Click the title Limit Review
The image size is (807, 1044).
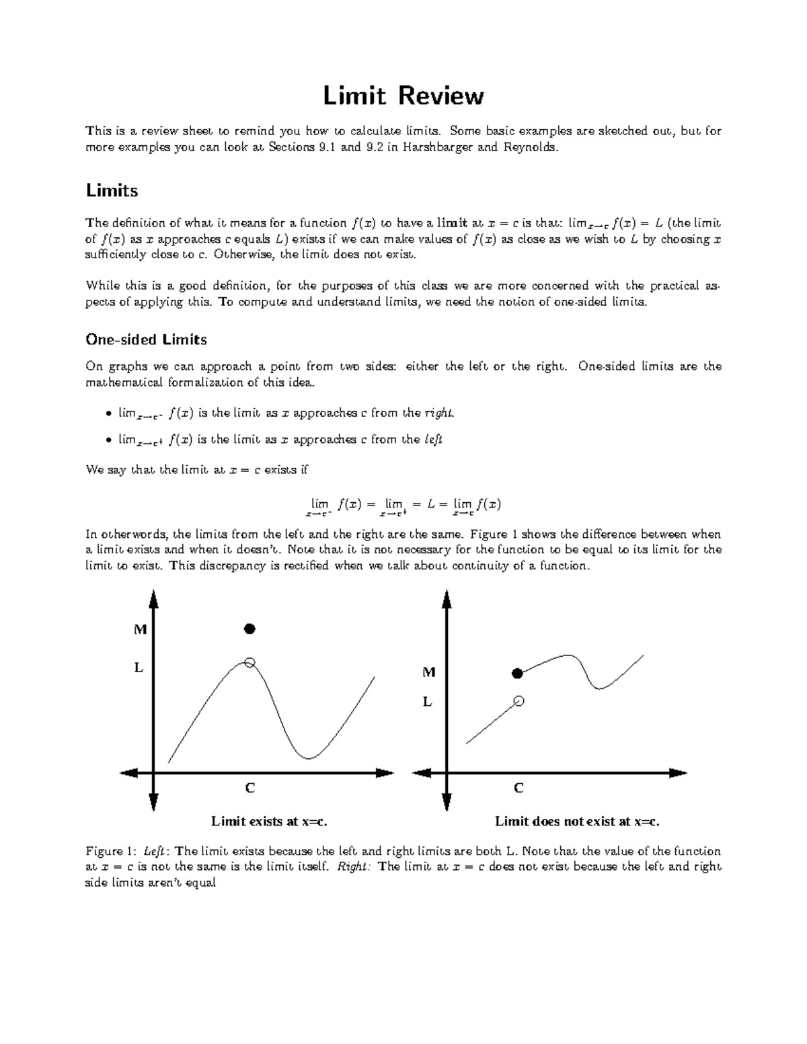[x=403, y=96]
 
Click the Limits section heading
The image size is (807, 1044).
[x=112, y=191]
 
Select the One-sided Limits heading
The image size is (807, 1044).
[x=146, y=339]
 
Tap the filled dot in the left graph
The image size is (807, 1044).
[x=249, y=629]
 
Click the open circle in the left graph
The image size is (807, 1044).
[x=249, y=663]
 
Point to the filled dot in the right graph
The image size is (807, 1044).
[x=517, y=673]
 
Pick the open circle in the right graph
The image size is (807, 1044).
[x=518, y=701]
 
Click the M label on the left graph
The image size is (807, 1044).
[x=140, y=630]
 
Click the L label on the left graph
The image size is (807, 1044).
[x=139, y=668]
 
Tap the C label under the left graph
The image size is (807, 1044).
[x=249, y=788]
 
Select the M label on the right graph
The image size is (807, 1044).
[x=428, y=672]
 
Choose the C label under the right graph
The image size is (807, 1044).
[x=518, y=788]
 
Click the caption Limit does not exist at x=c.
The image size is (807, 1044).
[x=577, y=821]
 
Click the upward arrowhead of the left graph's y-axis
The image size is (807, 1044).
[x=154, y=598]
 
